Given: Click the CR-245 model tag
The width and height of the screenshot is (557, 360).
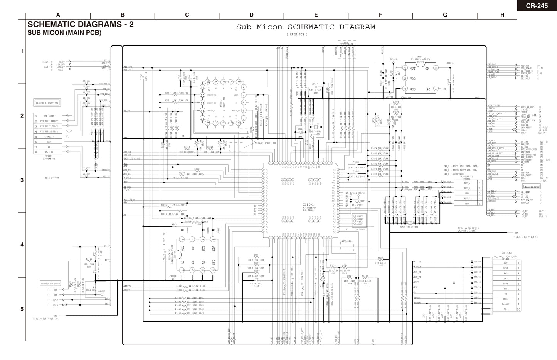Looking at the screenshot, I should (537, 5).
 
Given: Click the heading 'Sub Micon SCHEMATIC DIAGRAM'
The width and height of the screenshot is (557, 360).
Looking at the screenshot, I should (305, 27).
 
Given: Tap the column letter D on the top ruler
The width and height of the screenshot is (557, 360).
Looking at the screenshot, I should (251, 15).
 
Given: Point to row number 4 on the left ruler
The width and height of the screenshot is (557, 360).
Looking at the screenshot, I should (22, 244).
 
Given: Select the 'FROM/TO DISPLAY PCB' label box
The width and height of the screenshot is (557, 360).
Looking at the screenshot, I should (47, 103).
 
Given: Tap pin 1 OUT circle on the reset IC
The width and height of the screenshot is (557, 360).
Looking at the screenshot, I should (405, 68).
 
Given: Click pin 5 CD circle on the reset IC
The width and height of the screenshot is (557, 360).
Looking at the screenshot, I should (436, 68).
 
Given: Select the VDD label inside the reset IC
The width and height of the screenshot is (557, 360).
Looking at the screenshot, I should (413, 79).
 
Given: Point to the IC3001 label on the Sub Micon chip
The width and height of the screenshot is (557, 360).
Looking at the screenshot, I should (309, 204).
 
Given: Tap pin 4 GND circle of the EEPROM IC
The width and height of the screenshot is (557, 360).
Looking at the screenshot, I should (213, 270).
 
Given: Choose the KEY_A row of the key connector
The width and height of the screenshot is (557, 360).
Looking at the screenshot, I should (467, 183).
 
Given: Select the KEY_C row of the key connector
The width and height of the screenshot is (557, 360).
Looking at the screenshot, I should (467, 199).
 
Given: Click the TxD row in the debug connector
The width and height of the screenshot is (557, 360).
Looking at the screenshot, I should (505, 278).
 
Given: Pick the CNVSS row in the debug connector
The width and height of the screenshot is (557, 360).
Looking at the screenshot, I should (505, 299).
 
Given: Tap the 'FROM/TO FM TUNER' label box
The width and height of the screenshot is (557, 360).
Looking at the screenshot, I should (50, 283).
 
